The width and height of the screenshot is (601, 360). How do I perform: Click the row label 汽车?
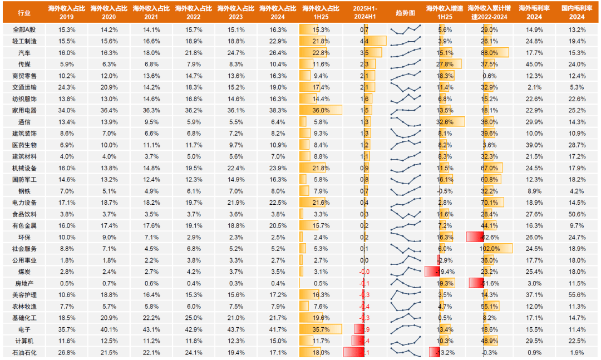pyautogui.click(x=24, y=52)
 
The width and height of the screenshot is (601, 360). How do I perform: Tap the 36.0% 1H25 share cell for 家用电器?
pyautogui.click(x=321, y=110)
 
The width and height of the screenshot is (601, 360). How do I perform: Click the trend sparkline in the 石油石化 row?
pyautogui.click(x=406, y=352)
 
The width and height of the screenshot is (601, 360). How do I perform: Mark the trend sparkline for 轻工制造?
pyautogui.click(x=406, y=41)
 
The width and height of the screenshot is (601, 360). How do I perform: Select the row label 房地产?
pyautogui.click(x=24, y=283)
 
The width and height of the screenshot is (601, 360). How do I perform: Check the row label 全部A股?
pyautogui.click(x=24, y=29)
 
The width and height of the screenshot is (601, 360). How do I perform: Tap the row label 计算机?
pyautogui.click(x=24, y=340)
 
